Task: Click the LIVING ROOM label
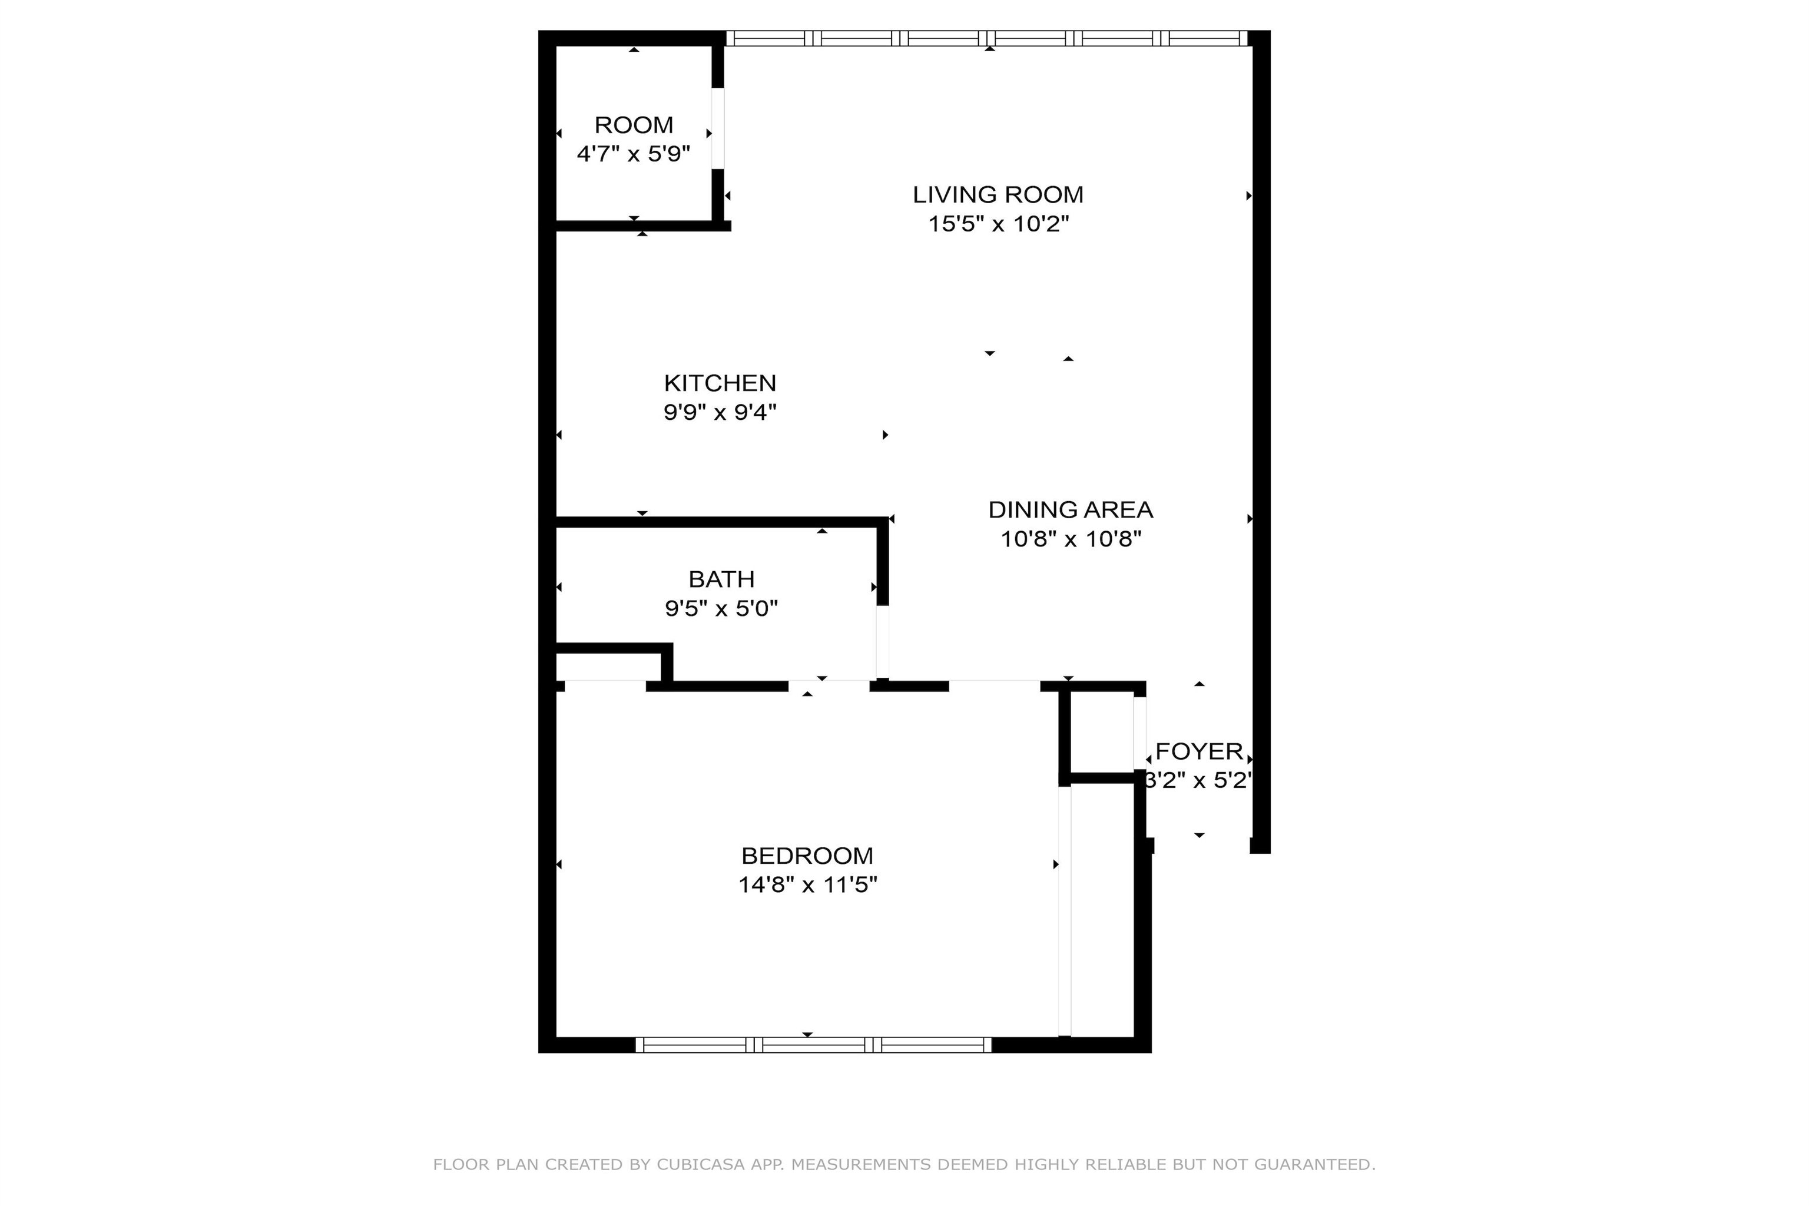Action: click(x=998, y=194)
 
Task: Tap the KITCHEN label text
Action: click(x=720, y=383)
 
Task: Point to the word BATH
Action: click(x=721, y=579)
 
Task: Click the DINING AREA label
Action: click(x=1071, y=509)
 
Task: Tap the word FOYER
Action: click(x=1199, y=751)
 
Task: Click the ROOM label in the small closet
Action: click(x=634, y=125)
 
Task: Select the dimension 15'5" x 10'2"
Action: click(x=998, y=224)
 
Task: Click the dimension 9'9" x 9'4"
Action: click(x=720, y=412)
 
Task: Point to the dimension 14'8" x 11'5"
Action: click(x=807, y=884)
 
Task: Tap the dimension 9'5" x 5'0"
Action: click(x=721, y=608)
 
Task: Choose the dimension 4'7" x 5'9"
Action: click(x=634, y=154)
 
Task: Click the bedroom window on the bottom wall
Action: click(x=813, y=1045)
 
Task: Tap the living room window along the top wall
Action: click(x=987, y=38)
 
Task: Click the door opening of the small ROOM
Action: click(x=718, y=128)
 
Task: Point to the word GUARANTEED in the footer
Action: click(x=1314, y=1164)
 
